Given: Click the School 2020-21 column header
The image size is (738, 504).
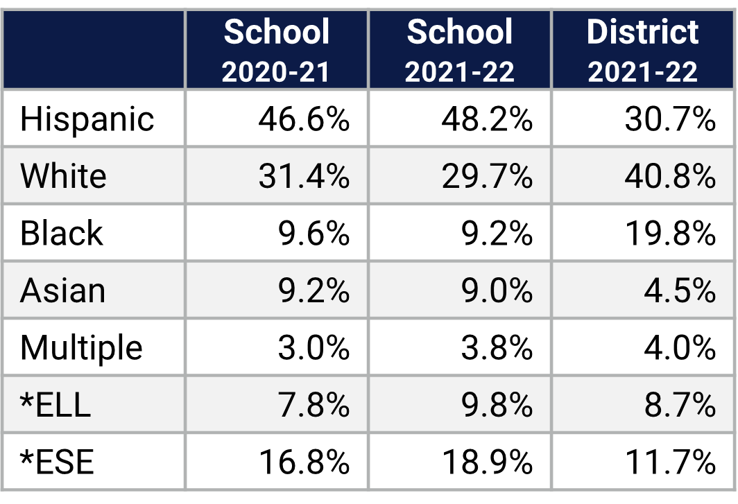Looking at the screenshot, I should coord(276,51).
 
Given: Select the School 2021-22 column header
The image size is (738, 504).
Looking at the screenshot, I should coord(459,51).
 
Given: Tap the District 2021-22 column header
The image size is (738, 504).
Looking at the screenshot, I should coord(643,51).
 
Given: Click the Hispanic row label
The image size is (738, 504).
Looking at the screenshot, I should coord(87,119).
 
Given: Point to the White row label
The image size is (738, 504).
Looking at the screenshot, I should coord(63,176).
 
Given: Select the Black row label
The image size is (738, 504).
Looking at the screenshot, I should coord(61,233).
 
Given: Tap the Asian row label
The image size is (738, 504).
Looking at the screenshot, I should coord(62,290).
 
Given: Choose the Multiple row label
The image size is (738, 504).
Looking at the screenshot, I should coord(81,347).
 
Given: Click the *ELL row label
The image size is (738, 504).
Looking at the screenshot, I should coord(55,405).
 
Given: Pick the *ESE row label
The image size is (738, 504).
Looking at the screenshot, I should coord(57,462).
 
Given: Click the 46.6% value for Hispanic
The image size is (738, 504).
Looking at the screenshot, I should coord(304,119).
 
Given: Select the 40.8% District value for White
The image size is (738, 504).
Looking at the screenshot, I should coord(670,176).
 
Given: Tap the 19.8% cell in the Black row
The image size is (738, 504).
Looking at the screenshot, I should coord(670,234).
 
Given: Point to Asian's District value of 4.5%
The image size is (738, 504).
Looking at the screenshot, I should coord(679,290).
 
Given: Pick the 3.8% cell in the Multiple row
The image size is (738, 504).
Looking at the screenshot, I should coord(497,347).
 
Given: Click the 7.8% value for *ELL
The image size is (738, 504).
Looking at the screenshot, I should coord(314,405).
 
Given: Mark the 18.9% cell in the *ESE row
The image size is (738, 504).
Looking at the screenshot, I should coord(487,462).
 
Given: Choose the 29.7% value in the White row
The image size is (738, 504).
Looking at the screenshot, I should coord(487,176).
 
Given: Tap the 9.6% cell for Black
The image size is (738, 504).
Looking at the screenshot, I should coord(314,234).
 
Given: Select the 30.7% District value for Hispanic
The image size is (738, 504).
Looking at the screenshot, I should coord(670,119).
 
